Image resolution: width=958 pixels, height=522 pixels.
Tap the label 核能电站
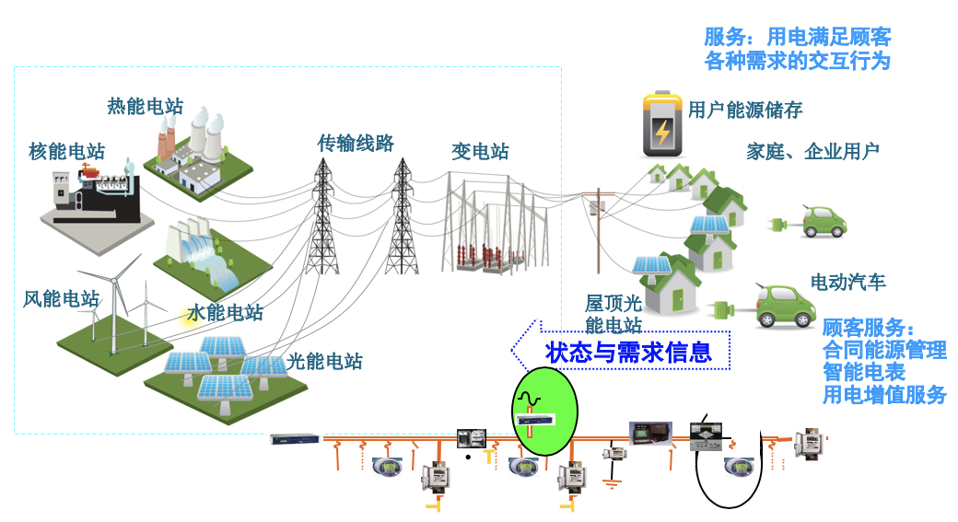click(x=66, y=152)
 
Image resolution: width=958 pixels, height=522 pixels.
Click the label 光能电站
click(x=324, y=361)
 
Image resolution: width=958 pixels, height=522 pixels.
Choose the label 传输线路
click(x=356, y=143)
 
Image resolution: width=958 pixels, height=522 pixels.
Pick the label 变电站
click(x=480, y=152)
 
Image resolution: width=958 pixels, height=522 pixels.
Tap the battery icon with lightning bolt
click(x=661, y=125)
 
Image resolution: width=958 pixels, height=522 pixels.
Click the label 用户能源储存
click(x=745, y=110)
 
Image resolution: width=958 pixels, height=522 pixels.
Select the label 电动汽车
click(x=847, y=283)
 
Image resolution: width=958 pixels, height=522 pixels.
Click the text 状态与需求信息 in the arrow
click(x=629, y=352)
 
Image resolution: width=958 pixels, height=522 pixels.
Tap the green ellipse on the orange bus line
click(x=544, y=412)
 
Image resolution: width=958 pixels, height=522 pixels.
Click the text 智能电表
click(x=863, y=373)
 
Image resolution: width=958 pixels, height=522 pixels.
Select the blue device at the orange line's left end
click(x=295, y=438)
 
